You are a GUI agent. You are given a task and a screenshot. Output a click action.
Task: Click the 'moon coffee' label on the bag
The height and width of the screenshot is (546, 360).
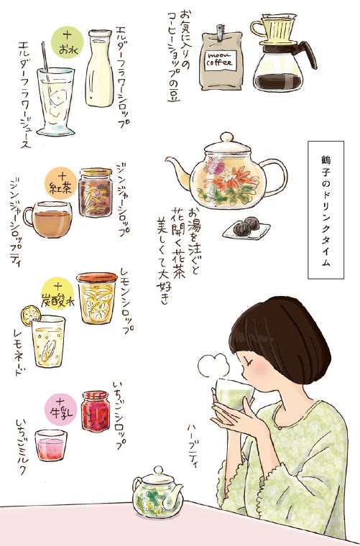220,60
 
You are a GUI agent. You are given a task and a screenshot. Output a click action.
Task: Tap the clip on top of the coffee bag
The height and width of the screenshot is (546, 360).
220,32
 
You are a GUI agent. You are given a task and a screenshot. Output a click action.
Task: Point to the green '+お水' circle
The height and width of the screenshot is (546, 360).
68,42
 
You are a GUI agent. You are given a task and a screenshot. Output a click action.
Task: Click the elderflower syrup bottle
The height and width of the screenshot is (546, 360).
100,68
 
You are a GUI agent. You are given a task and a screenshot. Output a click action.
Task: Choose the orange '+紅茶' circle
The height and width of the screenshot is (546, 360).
61,183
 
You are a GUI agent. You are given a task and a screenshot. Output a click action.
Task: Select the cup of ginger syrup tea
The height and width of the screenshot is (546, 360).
49,218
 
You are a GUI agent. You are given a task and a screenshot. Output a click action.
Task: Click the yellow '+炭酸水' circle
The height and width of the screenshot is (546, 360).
57,294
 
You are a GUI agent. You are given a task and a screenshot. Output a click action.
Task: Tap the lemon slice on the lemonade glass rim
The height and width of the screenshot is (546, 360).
31,315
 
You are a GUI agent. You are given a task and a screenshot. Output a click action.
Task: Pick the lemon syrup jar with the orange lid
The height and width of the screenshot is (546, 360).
97,297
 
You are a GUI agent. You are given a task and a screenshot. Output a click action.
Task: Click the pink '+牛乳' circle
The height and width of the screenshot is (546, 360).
61,409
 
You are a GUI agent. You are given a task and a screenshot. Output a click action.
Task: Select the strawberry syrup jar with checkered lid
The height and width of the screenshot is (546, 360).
96,411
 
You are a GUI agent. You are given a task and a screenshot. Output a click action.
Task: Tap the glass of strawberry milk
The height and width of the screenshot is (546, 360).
51,445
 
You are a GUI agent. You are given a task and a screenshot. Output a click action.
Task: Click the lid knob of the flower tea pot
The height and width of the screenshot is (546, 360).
226,136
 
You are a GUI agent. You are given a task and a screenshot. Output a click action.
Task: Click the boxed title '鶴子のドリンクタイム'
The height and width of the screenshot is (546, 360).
326,210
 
